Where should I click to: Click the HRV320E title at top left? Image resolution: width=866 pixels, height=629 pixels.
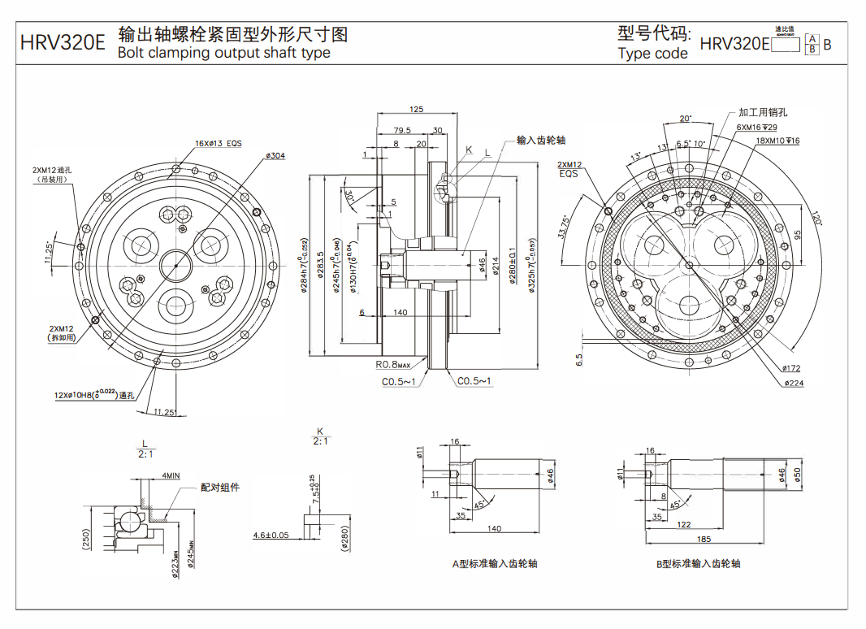pyautogui.click(x=62, y=42)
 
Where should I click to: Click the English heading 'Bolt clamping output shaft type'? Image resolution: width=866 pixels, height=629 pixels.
pyautogui.click(x=223, y=53)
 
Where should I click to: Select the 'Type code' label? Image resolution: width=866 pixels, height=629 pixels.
pyautogui.click(x=652, y=54)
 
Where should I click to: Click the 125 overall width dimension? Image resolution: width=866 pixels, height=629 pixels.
pyautogui.click(x=417, y=109)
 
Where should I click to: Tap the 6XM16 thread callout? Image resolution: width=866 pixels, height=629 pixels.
pyautogui.click(x=757, y=128)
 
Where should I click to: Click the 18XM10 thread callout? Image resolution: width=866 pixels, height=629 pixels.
pyautogui.click(x=777, y=141)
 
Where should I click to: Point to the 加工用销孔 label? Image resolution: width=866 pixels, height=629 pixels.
pyautogui.click(x=763, y=112)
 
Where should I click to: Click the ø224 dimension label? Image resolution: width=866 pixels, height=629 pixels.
pyautogui.click(x=794, y=382)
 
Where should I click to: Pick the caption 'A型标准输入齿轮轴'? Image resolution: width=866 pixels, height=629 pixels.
pyautogui.click(x=495, y=563)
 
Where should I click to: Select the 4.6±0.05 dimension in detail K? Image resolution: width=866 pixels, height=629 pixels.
pyautogui.click(x=271, y=535)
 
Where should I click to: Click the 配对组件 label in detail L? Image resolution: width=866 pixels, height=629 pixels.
pyautogui.click(x=220, y=488)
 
